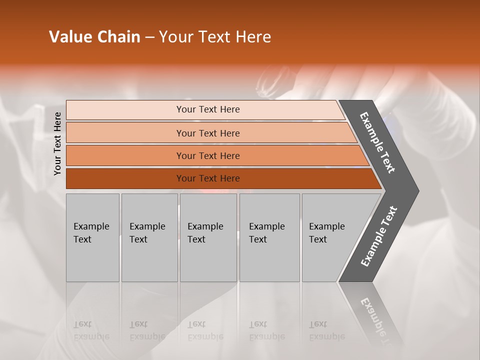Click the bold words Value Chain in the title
click(94, 37)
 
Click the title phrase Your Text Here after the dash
click(215, 37)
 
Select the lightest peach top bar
click(125, 109)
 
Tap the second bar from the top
click(125, 133)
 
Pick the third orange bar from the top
click(125, 155)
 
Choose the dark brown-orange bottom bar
click(125, 178)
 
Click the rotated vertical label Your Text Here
click(57, 143)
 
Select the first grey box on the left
click(92, 237)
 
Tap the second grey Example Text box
click(149, 237)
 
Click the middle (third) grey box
click(208, 237)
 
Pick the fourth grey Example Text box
click(269, 237)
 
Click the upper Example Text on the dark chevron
click(378, 142)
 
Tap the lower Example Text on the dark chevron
click(379, 236)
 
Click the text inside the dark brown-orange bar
click(208, 178)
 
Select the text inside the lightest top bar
click(208, 109)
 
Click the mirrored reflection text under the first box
click(91, 330)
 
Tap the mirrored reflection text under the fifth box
click(326, 330)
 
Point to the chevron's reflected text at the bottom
click(380, 320)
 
